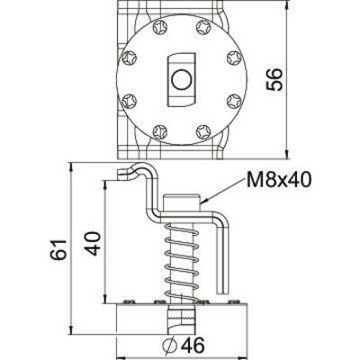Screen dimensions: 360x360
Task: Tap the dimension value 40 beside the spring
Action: pos(91,244)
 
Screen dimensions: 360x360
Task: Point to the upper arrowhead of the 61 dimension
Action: pos(69,169)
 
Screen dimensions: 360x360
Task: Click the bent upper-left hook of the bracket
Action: pos(135,175)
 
